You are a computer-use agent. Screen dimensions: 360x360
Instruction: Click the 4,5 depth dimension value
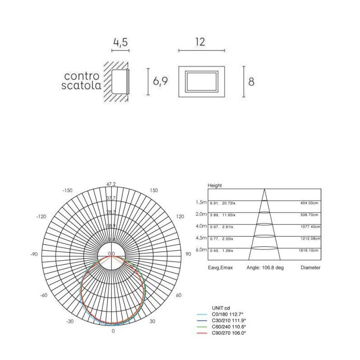[x=120, y=43]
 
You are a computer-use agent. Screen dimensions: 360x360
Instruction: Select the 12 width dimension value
[x=201, y=42]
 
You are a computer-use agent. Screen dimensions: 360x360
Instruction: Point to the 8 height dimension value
[x=252, y=82]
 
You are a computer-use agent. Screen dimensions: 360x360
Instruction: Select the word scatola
[x=81, y=85]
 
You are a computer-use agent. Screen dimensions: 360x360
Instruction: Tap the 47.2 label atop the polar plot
[x=111, y=184]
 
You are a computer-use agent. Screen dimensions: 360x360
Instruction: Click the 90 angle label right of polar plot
[x=188, y=254]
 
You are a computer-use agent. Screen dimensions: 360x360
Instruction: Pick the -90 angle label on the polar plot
[x=34, y=254]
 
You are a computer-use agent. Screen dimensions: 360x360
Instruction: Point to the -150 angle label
[x=67, y=191]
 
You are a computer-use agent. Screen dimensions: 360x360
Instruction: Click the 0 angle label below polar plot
[x=112, y=331]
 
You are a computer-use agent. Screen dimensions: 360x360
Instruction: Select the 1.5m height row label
[x=201, y=202]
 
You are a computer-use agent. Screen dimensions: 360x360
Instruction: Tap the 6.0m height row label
[x=201, y=249]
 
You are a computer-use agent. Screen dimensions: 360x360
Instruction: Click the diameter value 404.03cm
[x=310, y=203]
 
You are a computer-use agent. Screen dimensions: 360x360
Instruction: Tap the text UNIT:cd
[x=221, y=308]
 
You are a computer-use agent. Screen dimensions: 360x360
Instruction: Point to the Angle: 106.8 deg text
[x=265, y=267]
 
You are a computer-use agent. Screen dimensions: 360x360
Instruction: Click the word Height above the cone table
[x=215, y=185]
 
